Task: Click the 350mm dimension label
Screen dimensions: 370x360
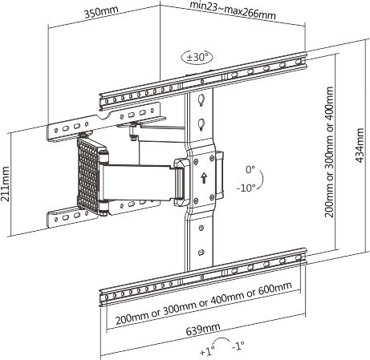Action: (101, 12)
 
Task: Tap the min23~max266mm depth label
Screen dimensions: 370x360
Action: (233, 10)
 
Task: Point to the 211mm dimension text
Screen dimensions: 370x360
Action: (6, 184)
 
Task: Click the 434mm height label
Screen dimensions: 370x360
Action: (360, 145)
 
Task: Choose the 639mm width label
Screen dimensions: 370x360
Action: (203, 329)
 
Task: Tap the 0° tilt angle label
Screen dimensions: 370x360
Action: (250, 169)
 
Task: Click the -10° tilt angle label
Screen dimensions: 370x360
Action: (246, 188)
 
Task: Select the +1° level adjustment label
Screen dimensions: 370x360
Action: (207, 351)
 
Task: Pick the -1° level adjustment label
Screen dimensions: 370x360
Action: (238, 346)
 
